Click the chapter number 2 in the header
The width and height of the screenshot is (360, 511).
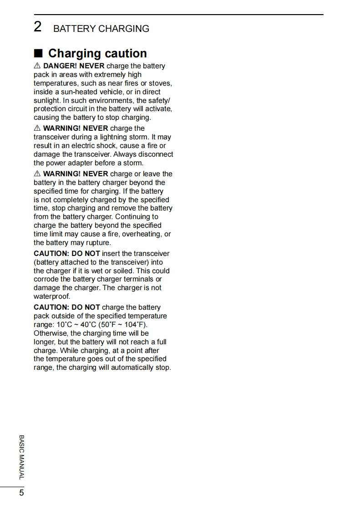pos(38,27)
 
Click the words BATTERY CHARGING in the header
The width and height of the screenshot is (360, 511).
pos(101,29)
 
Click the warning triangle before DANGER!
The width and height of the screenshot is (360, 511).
pos(37,66)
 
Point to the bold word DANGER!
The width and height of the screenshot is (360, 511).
pos(61,66)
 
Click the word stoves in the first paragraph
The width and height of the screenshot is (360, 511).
pos(160,83)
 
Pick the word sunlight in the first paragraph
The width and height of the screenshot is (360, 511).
pos(46,101)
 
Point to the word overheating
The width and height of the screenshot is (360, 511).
pos(143,234)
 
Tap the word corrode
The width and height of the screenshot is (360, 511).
pos(46,279)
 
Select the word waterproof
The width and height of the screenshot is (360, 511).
pos(51,296)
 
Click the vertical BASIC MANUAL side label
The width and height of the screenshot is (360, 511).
pos(21,457)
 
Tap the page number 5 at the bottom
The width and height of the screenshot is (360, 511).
pos(21,493)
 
